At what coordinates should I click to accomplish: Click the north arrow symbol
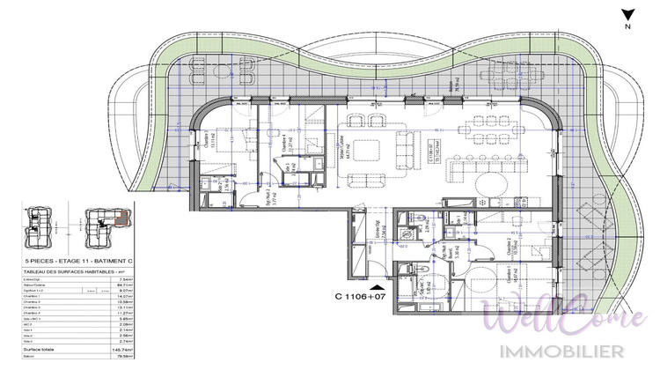pyautogui.click(x=627, y=17)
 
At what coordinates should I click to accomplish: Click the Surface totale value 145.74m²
pyautogui.click(x=119, y=350)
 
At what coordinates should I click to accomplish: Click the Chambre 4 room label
pyautogui.click(x=284, y=144)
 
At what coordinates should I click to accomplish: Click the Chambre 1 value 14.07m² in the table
pyautogui.click(x=119, y=298)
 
